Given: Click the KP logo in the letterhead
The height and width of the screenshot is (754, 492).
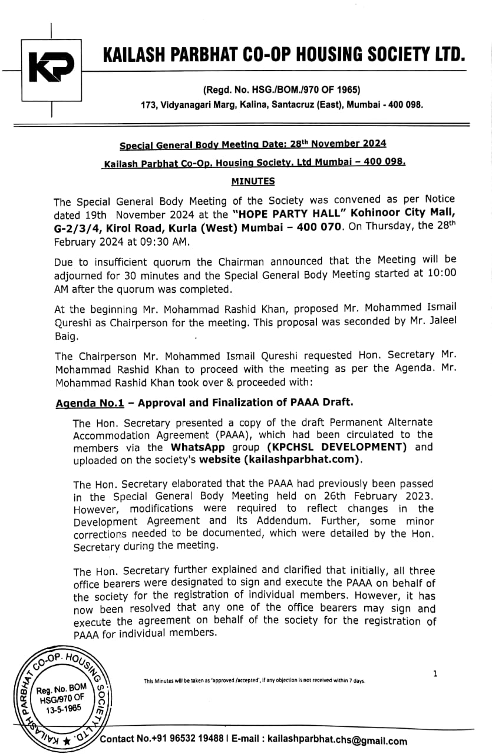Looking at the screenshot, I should pos(52,70).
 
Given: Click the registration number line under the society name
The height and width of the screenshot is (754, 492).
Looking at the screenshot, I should pos(281,90).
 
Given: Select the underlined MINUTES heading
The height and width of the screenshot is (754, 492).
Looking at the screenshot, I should pos(253,181).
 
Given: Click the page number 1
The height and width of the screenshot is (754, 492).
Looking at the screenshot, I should pos(435,674).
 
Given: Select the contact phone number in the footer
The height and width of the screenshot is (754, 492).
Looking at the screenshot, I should pos(189,740).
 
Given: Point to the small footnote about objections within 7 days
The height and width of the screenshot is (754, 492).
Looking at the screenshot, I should pos(254,682).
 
